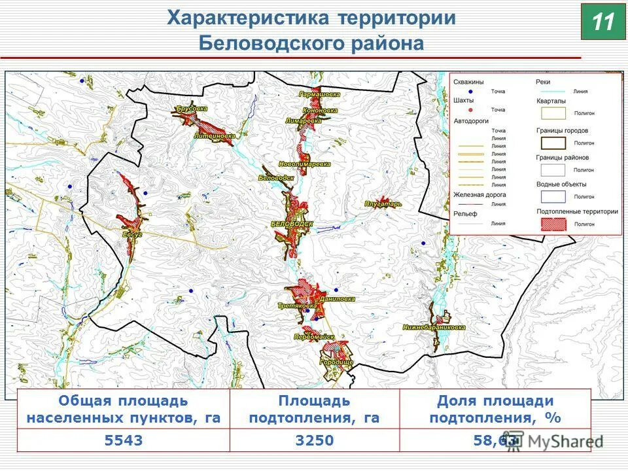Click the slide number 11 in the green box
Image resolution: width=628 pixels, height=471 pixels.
(603, 22)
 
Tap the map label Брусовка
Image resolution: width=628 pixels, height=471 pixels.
(192, 109)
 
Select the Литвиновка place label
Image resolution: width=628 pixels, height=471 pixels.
(215, 136)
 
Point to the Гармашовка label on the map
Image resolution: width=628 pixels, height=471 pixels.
(319, 94)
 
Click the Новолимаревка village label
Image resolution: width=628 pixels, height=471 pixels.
(304, 164)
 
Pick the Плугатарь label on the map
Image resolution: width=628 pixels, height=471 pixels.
(383, 204)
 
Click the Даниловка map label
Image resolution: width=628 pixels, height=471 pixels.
(338, 298)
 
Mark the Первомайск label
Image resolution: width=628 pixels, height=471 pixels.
(314, 337)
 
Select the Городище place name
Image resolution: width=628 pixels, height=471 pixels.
(336, 362)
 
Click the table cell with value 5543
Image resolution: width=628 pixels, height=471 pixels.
(123, 440)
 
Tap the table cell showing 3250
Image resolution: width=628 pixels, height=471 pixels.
(314, 440)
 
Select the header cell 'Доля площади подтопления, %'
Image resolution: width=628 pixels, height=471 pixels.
(495, 410)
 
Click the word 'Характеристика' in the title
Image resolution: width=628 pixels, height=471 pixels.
(249, 18)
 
